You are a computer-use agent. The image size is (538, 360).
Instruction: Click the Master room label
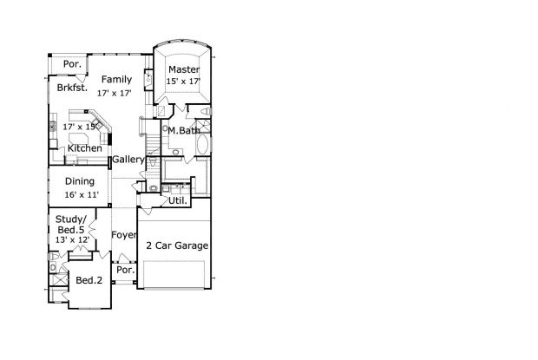pos(184,69)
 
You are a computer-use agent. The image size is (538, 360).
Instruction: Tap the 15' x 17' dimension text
pos(184,82)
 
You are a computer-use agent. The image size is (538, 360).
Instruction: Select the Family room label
pos(116,80)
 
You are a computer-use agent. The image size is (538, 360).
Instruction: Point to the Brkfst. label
pos(72,88)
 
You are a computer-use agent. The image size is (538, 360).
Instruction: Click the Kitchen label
pos(85,148)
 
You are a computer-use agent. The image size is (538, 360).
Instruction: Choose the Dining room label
pos(80,181)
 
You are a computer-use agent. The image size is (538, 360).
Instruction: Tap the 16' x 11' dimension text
pos(82,194)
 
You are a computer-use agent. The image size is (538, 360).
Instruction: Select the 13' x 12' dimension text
pos(72,239)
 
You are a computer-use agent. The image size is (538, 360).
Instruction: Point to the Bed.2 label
pos(89,280)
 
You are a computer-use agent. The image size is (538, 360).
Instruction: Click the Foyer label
pos(124,235)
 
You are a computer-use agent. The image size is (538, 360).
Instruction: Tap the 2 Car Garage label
pos(177,245)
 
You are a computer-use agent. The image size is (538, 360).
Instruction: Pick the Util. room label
pos(178,201)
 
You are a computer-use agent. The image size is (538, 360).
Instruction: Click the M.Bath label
pos(184,131)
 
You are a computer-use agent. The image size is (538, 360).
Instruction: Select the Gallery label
pos(128,160)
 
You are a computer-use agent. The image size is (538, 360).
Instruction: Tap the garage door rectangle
pos(174,274)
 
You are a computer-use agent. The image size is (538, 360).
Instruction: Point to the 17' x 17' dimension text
pos(115,93)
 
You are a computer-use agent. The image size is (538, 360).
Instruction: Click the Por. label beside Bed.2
pos(125,270)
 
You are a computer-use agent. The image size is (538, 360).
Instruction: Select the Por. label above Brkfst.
pos(72,64)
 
